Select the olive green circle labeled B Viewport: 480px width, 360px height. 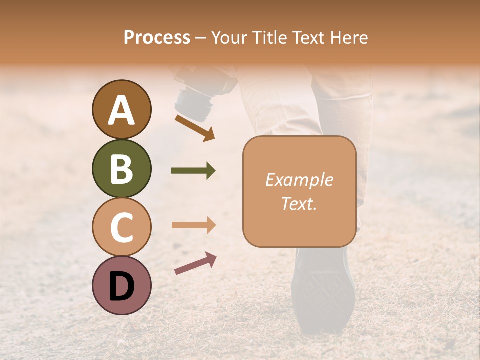tap(121, 168)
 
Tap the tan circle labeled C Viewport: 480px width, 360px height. tap(121, 227)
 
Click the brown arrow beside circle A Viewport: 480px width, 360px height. tap(195, 128)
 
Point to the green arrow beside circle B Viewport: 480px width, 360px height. tap(193, 171)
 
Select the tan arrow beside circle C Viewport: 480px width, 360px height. tap(193, 225)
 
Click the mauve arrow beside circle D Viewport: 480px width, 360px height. tap(195, 263)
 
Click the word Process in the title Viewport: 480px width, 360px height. tap(157, 37)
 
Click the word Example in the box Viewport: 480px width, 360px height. tap(299, 180)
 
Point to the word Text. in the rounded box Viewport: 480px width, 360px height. tap(299, 203)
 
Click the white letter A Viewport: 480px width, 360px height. tap(121, 110)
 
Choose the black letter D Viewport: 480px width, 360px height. tap(121, 286)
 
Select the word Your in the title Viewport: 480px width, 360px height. tap(229, 37)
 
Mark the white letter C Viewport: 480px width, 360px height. tap(121, 227)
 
